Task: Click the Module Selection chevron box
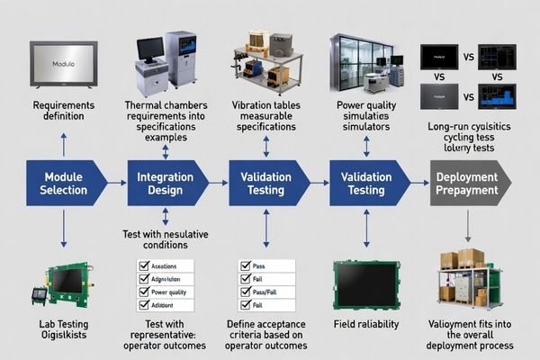pyautogui.click(x=65, y=184)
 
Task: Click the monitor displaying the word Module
pyautogui.click(x=62, y=66)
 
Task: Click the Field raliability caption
pyautogui.click(x=365, y=323)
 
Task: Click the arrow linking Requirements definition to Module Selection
pyautogui.click(x=63, y=144)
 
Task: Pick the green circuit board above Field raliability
pyautogui.click(x=365, y=283)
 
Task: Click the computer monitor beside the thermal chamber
pyautogui.click(x=150, y=49)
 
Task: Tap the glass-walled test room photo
pyautogui.click(x=360, y=63)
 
